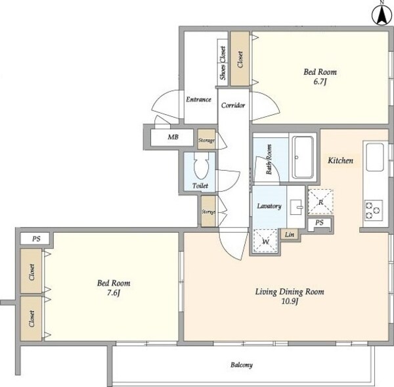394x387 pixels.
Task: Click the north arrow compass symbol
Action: [382, 15]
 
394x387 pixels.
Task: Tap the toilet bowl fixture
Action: [201, 166]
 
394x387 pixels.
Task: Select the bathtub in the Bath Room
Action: [303, 157]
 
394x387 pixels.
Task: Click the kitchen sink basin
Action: [375, 157]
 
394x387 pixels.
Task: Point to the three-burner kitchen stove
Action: [374, 210]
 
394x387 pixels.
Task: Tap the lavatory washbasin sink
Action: [296, 207]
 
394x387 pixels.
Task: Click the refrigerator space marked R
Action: [320, 202]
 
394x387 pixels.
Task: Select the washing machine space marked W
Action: [265, 241]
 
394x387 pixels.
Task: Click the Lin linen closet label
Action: [290, 235]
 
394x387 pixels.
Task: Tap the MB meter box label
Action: [173, 137]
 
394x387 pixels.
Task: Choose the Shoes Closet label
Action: [223, 63]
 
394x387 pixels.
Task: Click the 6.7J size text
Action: [320, 81]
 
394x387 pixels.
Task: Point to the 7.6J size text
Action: [114, 293]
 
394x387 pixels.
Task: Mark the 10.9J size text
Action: [290, 301]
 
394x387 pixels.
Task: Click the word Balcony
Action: [242, 365]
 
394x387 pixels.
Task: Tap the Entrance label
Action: [198, 100]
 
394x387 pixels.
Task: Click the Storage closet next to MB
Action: [207, 139]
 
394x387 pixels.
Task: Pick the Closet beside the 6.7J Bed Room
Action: [240, 58]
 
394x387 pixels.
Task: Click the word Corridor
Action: [233, 105]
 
